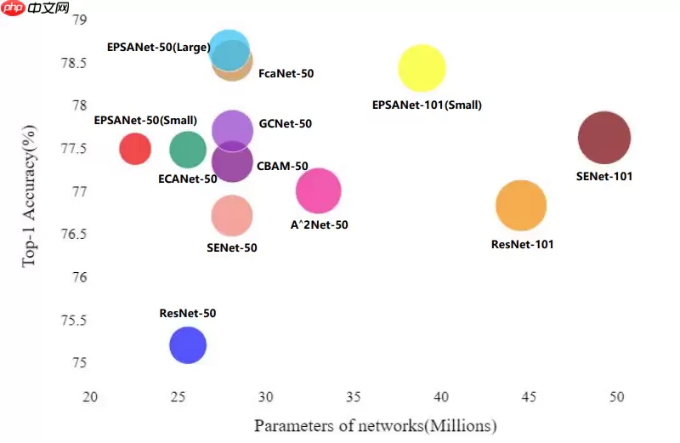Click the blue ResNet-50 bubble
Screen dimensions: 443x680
[188, 345]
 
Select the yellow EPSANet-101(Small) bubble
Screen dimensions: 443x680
[422, 69]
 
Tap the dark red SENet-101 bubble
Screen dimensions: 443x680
[604, 138]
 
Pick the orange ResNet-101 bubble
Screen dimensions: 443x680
[520, 205]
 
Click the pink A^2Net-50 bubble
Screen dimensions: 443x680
[319, 191]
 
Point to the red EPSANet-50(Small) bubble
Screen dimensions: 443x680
[135, 149]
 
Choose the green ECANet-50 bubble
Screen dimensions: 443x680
[188, 150]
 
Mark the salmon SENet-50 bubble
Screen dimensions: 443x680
[232, 216]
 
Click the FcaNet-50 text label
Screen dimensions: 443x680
[286, 74]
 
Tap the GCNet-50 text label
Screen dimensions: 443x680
[285, 124]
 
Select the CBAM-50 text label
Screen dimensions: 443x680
[282, 167]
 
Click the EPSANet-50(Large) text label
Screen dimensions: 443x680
[159, 48]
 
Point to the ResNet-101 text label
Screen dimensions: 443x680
[522, 245]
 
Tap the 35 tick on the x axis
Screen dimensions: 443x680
[354, 397]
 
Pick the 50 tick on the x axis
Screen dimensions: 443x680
[617, 397]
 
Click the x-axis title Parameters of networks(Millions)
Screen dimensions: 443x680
[375, 425]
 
